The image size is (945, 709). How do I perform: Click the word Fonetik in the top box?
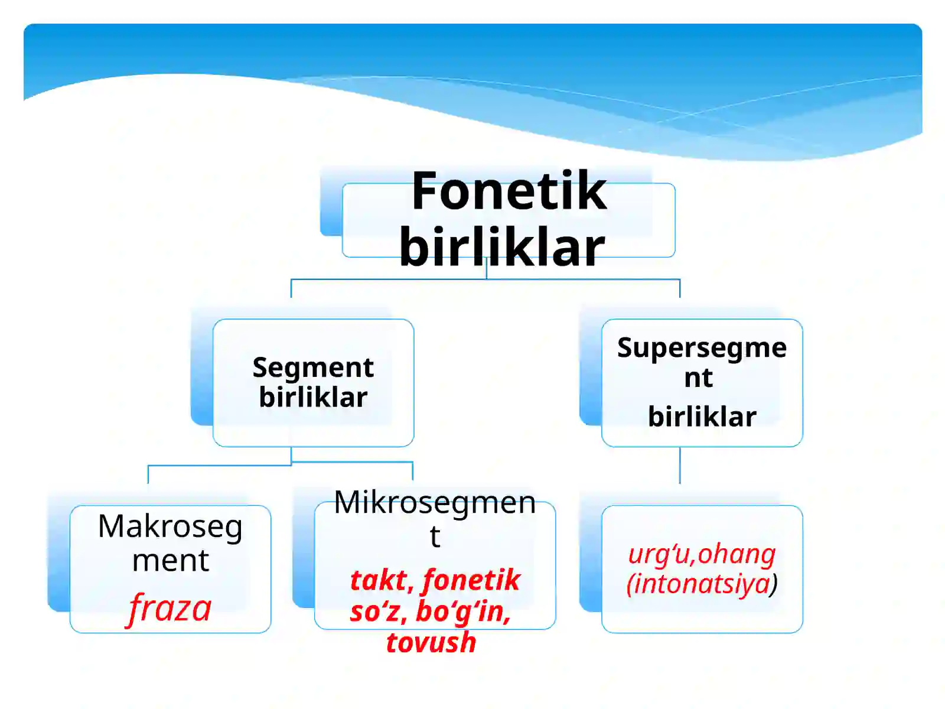pos(509,191)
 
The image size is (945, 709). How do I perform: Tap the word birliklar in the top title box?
pos(501,247)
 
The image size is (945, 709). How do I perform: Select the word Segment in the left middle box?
pos(313,367)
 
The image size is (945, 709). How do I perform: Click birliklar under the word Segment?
pos(313,397)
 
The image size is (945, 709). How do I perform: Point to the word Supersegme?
pos(702,348)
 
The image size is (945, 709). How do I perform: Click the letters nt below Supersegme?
pos(698,378)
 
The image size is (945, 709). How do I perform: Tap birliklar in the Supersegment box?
pos(702,417)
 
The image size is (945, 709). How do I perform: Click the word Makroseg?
pos(170,526)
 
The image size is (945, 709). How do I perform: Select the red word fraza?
pos(170,608)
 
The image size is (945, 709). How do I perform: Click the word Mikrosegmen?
pos(435,503)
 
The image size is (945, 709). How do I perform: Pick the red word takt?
pos(381,580)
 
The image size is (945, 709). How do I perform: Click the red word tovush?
pos(431,642)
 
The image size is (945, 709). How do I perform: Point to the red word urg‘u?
pos(659,554)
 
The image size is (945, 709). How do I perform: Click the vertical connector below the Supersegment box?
pos(680,466)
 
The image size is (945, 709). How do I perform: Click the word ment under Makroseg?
pos(170,560)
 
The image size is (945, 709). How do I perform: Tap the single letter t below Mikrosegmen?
pos(435,536)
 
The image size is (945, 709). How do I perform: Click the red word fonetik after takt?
pos(471,580)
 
